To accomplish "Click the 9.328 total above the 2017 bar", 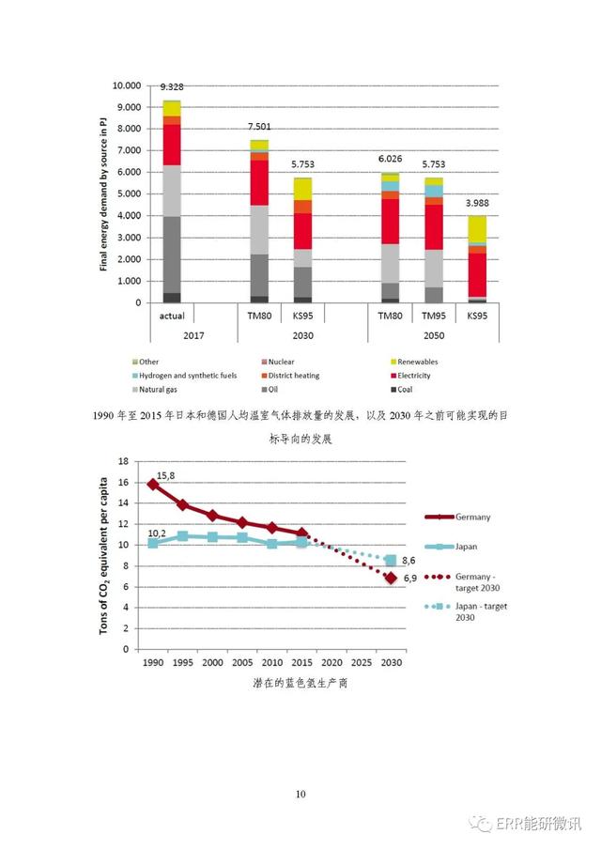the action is coord(172,86).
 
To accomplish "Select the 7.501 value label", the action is coord(259,126).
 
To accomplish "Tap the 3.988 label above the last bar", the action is coord(477,203).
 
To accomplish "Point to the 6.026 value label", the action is coord(390,159).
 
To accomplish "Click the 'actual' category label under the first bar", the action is coord(172,316).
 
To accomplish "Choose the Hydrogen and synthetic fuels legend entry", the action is coord(184,375).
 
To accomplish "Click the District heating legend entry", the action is coord(290,375).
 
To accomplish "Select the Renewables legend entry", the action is coord(414,362).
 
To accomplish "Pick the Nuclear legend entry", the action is coord(278,362).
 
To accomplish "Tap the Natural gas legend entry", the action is coord(154,389).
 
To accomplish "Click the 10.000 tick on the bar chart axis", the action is coord(126,85).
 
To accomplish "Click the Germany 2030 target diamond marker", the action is coord(391,578).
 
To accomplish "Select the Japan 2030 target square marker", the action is coord(391,560).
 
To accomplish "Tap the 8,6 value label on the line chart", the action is coord(408,561).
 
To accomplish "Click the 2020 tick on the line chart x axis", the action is coord(331,662).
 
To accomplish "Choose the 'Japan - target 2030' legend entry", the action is coord(466,611).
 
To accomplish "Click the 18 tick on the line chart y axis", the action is coord(124,461).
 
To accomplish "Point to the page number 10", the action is coord(300,794).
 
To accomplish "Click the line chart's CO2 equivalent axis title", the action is coord(103,556).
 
